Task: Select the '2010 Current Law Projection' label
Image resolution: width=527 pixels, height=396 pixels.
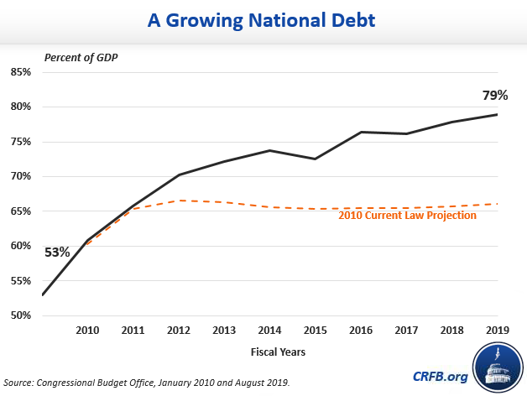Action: [x=407, y=216]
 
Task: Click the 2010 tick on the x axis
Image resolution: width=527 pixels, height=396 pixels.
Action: [x=87, y=331]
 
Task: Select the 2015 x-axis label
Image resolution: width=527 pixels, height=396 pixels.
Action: [x=316, y=331]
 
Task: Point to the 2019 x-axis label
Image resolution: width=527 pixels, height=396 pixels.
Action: [x=498, y=331]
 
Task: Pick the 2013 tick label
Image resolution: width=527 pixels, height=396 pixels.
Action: [x=224, y=331]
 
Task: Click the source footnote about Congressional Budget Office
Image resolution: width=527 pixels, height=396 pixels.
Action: [x=148, y=383]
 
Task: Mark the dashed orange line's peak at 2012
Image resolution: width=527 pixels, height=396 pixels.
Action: [x=179, y=201]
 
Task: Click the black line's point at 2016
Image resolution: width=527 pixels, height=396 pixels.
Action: [x=362, y=132]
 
